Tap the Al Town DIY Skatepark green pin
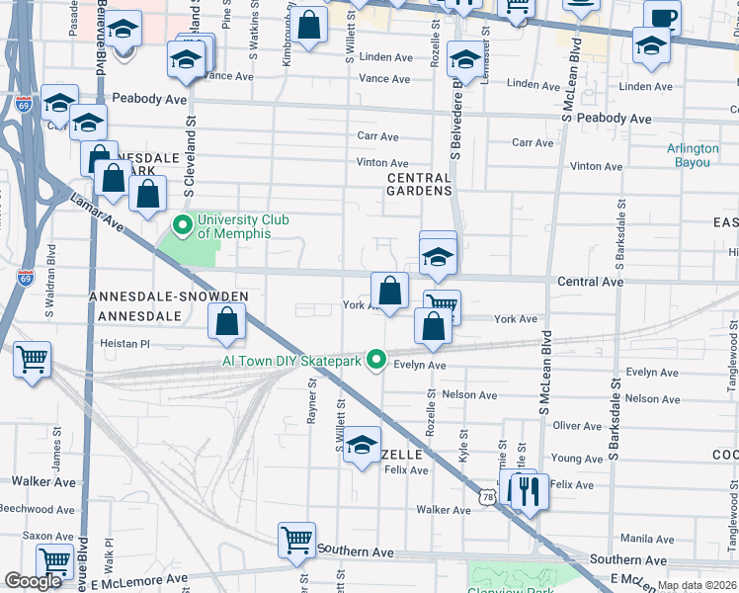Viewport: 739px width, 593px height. (x=375, y=361)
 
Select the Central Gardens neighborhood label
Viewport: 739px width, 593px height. (x=419, y=183)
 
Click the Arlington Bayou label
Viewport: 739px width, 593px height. (x=693, y=155)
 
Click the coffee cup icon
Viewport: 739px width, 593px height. (x=662, y=18)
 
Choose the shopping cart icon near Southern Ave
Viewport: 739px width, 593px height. (x=296, y=540)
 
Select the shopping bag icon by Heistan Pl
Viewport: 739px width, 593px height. (x=227, y=320)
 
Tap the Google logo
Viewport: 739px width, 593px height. (x=33, y=581)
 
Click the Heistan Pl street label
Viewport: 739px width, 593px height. (x=123, y=344)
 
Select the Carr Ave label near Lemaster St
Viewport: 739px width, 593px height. (x=533, y=142)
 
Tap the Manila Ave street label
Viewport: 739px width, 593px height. (x=648, y=539)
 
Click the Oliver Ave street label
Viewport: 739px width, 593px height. (x=578, y=426)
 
